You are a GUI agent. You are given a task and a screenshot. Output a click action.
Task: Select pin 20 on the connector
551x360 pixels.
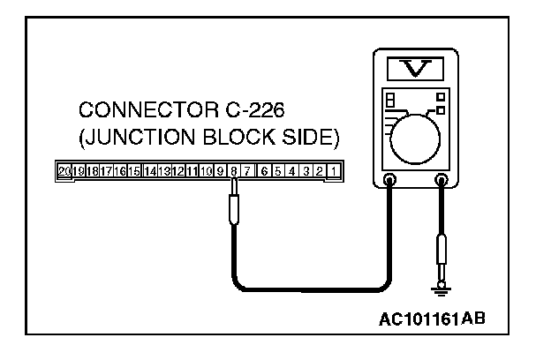(x=63, y=170)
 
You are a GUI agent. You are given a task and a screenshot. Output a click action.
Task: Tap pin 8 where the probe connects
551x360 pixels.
(x=233, y=170)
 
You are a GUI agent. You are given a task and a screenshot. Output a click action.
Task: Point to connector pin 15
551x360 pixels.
(x=134, y=170)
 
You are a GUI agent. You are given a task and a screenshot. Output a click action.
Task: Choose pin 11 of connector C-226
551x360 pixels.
(x=192, y=170)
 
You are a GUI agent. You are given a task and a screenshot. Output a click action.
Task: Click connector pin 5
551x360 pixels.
(x=277, y=170)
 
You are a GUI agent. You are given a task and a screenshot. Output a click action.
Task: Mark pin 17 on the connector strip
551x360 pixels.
(x=106, y=170)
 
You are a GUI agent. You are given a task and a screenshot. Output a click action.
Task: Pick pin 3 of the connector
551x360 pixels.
(x=305, y=170)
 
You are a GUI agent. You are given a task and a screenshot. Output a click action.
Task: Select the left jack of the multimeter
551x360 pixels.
(x=390, y=180)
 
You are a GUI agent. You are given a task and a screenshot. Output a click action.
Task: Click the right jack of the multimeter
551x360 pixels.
(x=441, y=180)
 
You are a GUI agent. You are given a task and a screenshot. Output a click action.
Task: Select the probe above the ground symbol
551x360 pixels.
(x=441, y=251)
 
